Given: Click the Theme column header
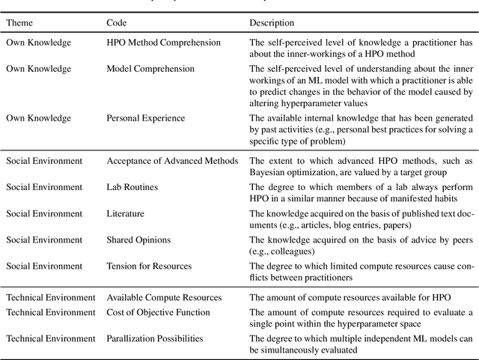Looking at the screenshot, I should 22,22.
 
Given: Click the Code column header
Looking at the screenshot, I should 118,22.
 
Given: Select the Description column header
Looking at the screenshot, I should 272,22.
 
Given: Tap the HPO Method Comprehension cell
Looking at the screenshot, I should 164,43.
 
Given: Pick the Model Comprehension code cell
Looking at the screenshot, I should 150,70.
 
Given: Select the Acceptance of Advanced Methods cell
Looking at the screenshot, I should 172,161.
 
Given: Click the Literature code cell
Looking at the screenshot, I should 126,213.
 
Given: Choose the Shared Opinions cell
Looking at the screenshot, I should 138,240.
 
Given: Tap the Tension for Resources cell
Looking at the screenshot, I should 149,266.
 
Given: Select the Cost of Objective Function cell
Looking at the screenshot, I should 158,312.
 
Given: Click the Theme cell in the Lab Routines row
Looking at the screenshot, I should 43,187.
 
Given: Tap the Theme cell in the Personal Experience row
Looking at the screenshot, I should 39,118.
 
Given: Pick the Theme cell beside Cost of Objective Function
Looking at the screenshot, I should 49,312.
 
